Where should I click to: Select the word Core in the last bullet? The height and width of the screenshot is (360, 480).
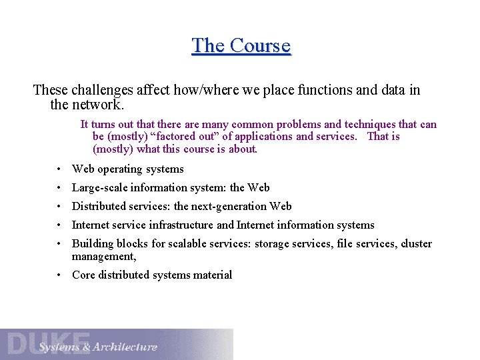[83, 275]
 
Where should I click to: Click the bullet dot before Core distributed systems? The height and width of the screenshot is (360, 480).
[59, 275]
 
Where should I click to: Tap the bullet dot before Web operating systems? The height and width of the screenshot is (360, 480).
[59, 169]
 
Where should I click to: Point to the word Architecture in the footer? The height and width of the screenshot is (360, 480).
[125, 347]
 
